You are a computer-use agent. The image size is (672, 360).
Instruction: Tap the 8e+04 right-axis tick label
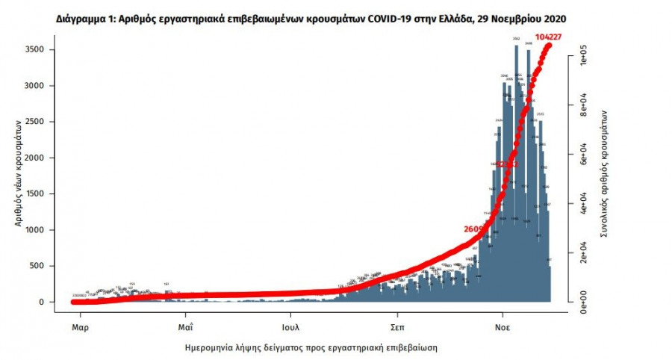click(582, 106)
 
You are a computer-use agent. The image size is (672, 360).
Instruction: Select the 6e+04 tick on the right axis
click(582, 155)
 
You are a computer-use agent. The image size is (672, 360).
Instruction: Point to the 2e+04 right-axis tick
click(582, 252)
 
